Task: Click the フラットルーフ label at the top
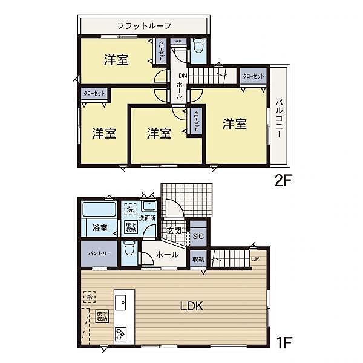coord(144,26)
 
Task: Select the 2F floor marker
coord(282,180)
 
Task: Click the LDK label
coord(191,306)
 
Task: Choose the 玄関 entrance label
coord(174,231)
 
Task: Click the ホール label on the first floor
coord(166,255)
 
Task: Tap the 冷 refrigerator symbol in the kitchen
coord(89,298)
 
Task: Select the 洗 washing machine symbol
coord(129,209)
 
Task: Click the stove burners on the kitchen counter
coord(120,333)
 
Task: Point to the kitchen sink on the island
coord(120,301)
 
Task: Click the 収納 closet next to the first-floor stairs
coord(198,259)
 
